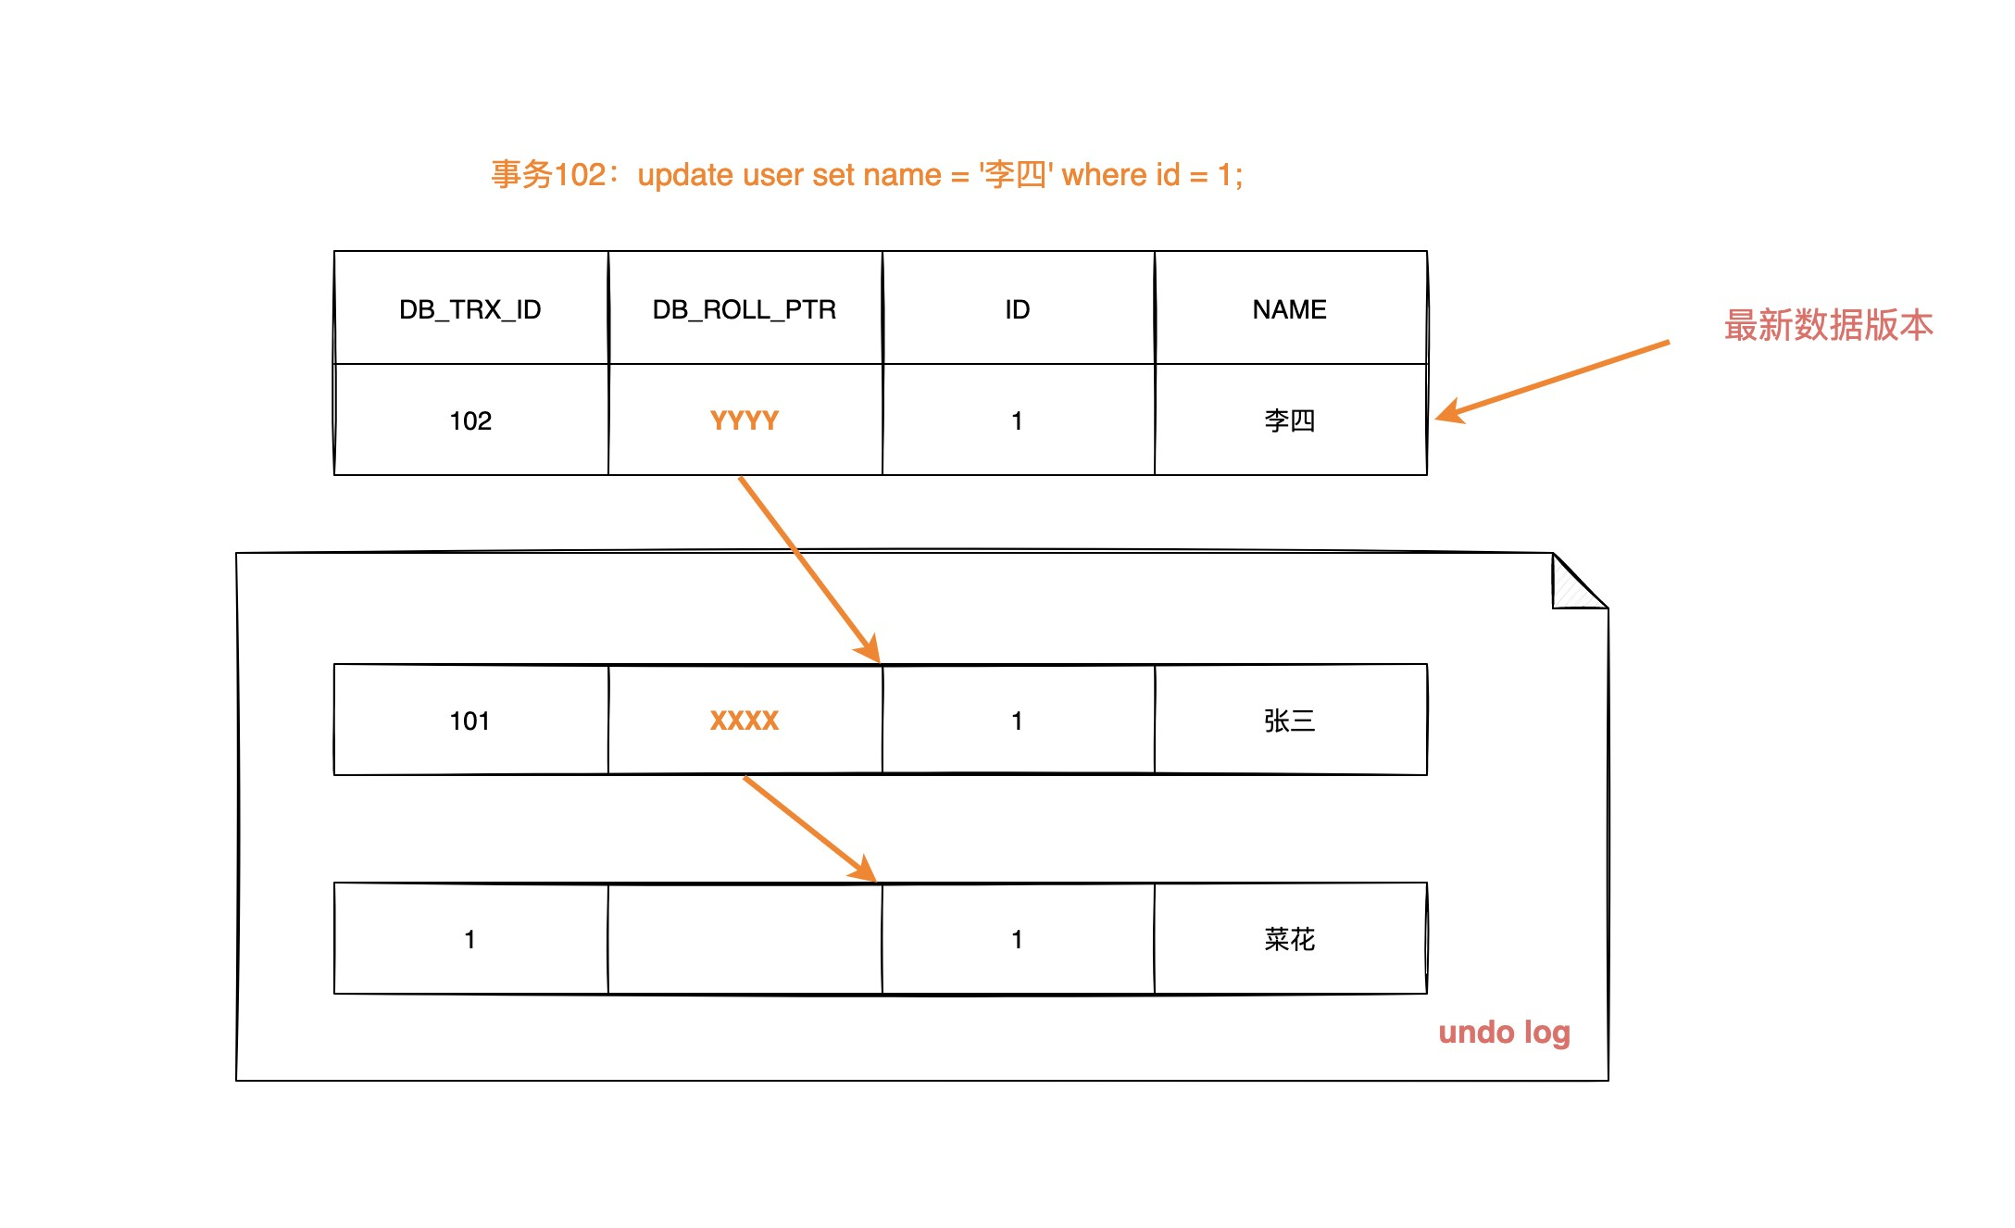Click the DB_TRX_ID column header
point(470,309)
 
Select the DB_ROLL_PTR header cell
point(745,309)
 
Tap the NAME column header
point(1290,309)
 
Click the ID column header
point(1018,309)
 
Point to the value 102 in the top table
point(470,421)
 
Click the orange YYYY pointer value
point(745,421)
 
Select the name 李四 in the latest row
point(1290,421)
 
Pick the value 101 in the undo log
point(470,721)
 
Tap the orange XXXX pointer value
point(745,721)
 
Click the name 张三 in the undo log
point(1290,721)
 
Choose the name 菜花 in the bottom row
point(1290,940)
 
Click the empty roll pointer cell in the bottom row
point(745,940)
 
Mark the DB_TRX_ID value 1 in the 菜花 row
point(470,940)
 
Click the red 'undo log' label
point(1504,1033)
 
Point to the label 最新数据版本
point(1828,326)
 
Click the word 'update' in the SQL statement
point(685,175)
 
